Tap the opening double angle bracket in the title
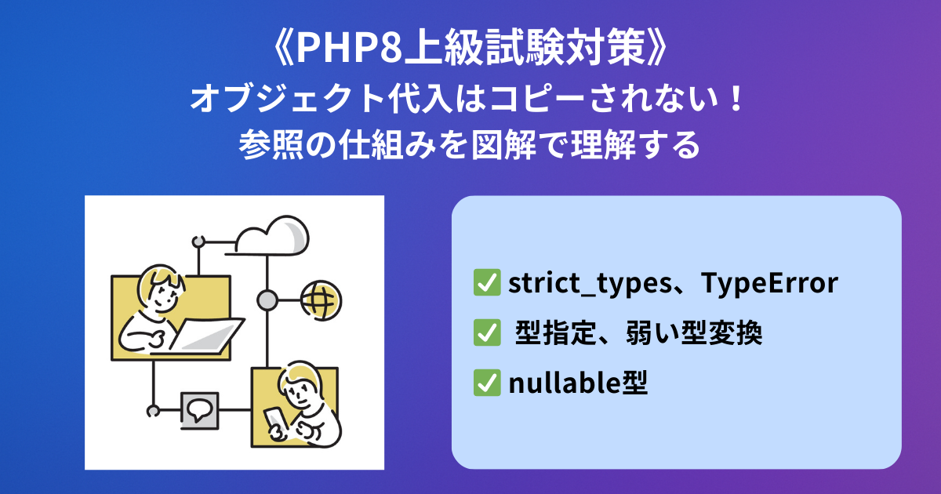283,49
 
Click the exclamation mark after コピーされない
736,98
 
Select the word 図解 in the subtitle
504,145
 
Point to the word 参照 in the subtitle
272,145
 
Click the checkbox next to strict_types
487,282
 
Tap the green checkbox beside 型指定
487,332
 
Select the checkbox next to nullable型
487,383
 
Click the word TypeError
769,283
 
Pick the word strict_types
590,284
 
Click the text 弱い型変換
694,332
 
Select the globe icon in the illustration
322,300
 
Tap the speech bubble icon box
199,411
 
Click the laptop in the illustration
202,337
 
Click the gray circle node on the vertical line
267,301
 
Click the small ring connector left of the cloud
198,242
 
